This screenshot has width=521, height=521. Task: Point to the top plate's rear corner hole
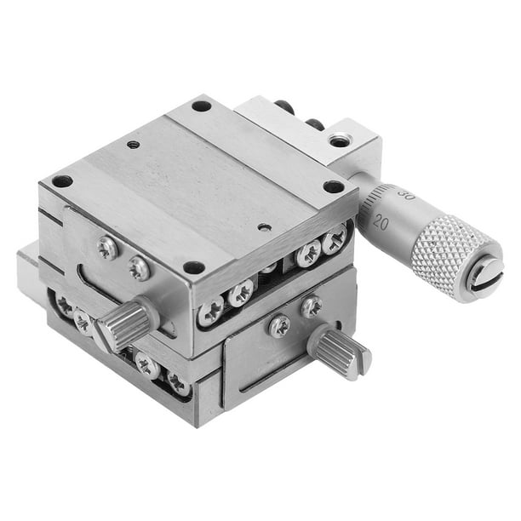pyautogui.click(x=201, y=106)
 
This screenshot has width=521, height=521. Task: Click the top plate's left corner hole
pyautogui.click(x=62, y=180)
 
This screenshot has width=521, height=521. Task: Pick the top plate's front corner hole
pyautogui.click(x=194, y=267)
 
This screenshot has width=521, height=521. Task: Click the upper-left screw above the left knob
pyautogui.click(x=107, y=247)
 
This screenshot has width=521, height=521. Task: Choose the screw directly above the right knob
pyautogui.click(x=312, y=306)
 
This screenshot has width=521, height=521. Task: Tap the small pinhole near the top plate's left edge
pyautogui.click(x=133, y=145)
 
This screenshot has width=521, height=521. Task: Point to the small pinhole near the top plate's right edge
pyautogui.click(x=266, y=227)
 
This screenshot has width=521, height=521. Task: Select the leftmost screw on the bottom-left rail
pyautogui.click(x=63, y=304)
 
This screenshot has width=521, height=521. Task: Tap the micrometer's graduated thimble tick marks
pyautogui.click(x=375, y=204)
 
